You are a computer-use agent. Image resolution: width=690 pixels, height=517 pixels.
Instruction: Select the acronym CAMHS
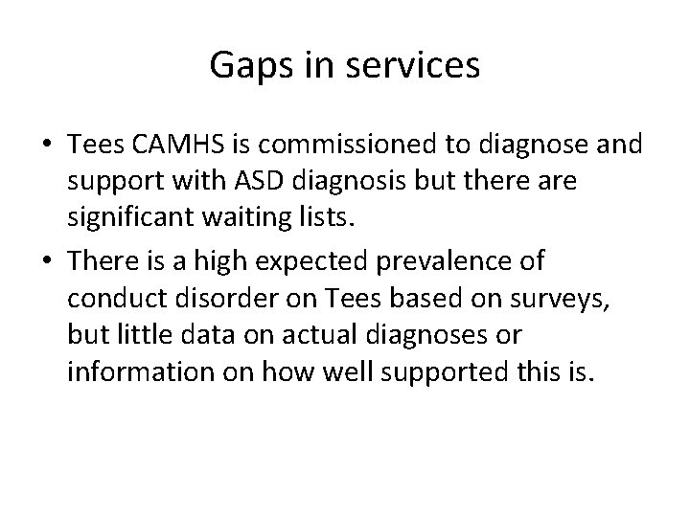click(171, 145)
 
